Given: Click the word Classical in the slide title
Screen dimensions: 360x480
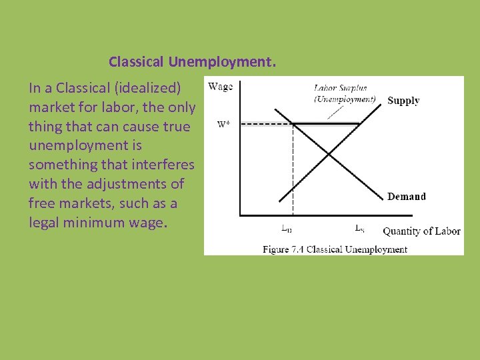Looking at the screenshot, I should point(137,63).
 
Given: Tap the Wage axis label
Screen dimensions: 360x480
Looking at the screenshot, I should point(221,86).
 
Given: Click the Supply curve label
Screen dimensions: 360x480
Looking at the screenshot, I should point(403,101).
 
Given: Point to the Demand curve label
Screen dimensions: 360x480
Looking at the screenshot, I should point(407,196).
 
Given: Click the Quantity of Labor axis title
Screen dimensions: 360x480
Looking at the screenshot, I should point(421,231).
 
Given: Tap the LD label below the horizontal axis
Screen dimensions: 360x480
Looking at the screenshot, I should point(286,229).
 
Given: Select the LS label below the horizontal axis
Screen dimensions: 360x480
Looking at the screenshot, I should point(359,229).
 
